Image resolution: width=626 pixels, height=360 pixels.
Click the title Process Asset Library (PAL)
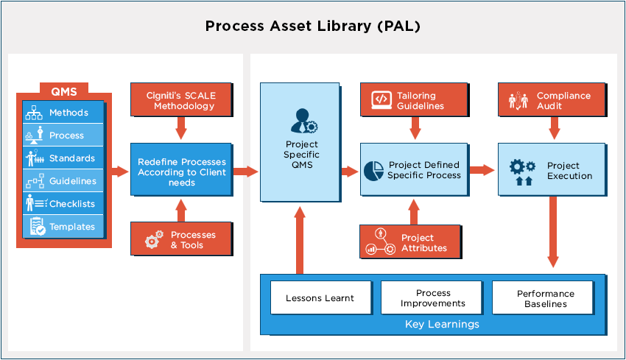313,27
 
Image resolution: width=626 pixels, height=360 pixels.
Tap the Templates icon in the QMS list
35,226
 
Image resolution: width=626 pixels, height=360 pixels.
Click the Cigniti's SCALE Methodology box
182,100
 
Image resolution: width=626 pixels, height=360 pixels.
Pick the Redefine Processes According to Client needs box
182,172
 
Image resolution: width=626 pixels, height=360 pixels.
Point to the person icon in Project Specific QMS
303,119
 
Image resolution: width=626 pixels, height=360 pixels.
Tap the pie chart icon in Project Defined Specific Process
373,170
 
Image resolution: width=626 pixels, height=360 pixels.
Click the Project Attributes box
411,242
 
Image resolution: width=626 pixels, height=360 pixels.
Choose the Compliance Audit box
555,100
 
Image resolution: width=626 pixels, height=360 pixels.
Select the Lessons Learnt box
320,298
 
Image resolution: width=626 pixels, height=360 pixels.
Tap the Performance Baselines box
545,298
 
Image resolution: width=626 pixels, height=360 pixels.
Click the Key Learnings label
442,324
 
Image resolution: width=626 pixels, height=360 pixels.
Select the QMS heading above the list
64,92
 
